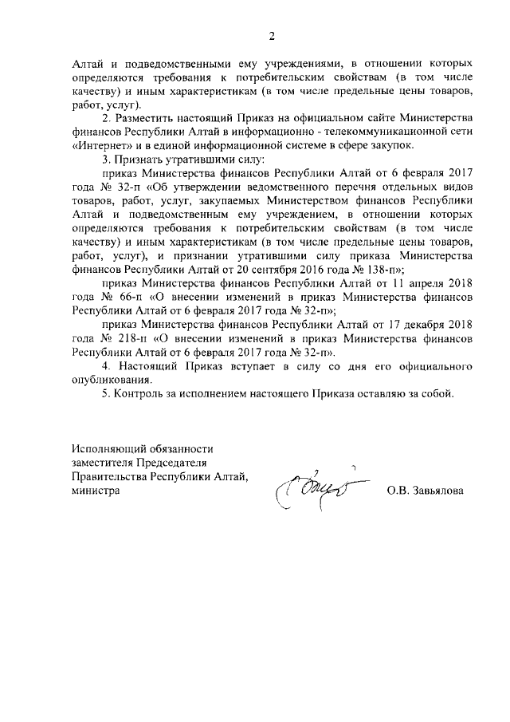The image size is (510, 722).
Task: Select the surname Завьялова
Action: [x=437, y=491]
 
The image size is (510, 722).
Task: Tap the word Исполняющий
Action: [x=106, y=449]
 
